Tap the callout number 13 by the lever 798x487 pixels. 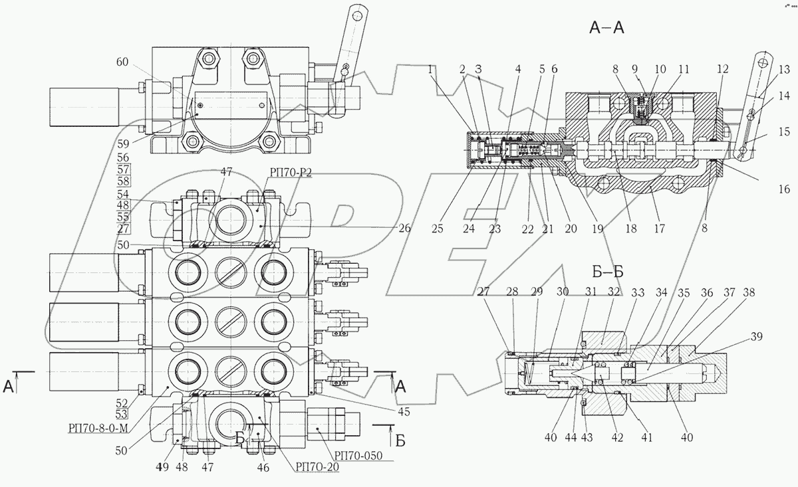pos(784,68)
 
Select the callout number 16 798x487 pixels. pos(784,190)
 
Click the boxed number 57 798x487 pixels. pos(122,169)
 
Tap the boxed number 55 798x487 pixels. pos(122,217)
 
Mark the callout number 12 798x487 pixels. pos(724,68)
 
